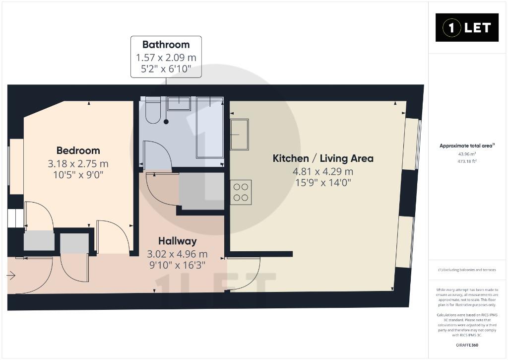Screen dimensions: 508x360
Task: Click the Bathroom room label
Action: [x=166, y=44]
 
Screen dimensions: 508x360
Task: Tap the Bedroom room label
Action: [x=78, y=150]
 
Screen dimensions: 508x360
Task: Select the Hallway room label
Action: [x=177, y=241]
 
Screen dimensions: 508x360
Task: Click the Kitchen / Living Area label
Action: [x=323, y=158]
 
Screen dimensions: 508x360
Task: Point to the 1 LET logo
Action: [x=467, y=28]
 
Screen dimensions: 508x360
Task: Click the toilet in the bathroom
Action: [x=153, y=110]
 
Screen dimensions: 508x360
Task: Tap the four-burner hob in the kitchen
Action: [x=241, y=192]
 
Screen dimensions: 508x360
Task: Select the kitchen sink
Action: [x=240, y=134]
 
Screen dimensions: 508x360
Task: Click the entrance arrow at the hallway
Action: [x=11, y=276]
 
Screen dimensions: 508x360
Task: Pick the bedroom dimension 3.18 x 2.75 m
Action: [x=78, y=164]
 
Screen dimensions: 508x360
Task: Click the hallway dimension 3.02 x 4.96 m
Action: [x=177, y=254]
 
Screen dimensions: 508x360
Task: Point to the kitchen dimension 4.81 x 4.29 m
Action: [x=323, y=171]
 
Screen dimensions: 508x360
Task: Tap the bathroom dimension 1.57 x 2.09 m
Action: [x=166, y=58]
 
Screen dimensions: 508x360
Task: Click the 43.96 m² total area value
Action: [x=467, y=154]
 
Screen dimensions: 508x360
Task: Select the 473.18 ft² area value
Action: [x=467, y=161]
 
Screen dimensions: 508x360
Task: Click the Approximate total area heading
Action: [x=467, y=146]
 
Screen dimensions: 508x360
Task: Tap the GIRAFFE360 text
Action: [x=467, y=345]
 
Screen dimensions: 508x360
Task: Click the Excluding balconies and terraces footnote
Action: [x=467, y=270]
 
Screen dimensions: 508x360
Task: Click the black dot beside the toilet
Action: [x=166, y=122]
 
